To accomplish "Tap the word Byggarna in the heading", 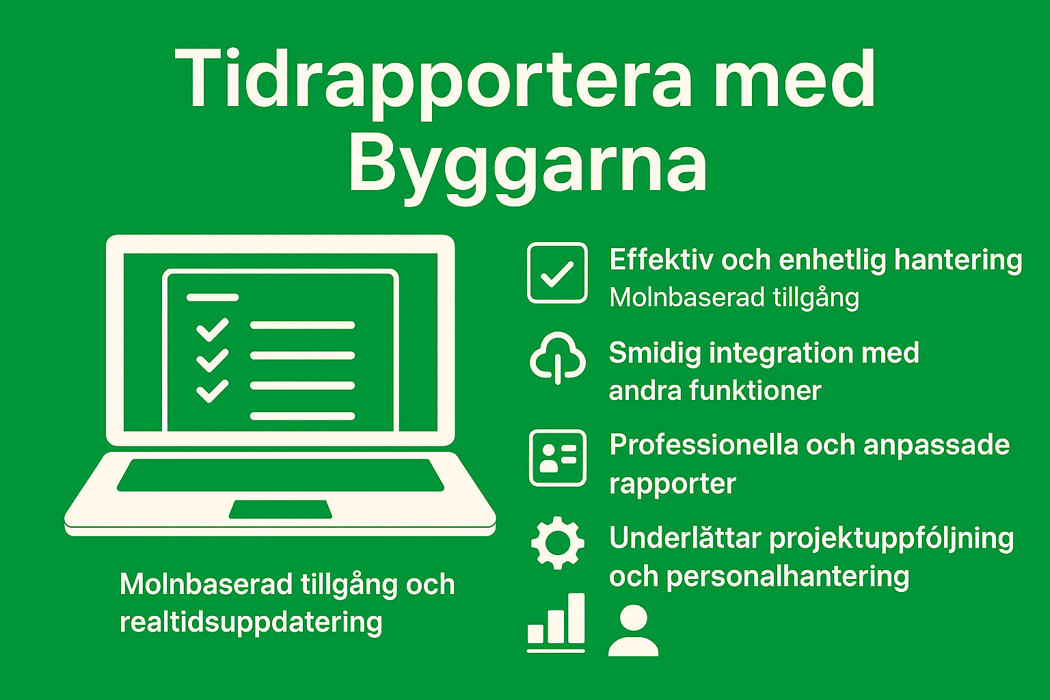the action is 527,166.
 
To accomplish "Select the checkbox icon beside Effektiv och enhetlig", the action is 557,273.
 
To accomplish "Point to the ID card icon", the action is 558,458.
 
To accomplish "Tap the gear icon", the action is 558,543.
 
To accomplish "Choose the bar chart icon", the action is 556,623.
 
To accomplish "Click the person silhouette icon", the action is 633,630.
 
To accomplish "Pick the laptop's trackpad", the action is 280,509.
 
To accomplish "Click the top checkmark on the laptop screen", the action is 213,330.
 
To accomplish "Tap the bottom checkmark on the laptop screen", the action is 213,391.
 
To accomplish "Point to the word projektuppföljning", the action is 891,539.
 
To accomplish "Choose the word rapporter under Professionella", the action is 673,484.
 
